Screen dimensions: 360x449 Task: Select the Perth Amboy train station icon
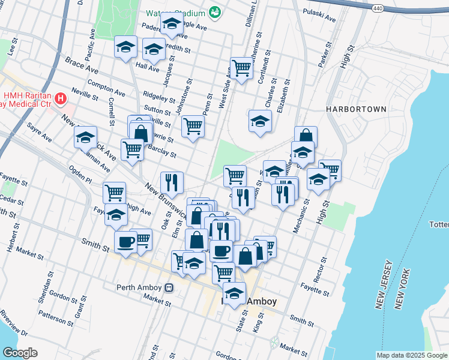pyautogui.click(x=170, y=287)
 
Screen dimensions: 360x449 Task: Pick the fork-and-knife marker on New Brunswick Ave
pyautogui.click(x=172, y=182)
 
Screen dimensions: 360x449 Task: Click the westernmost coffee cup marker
pyautogui.click(x=125, y=242)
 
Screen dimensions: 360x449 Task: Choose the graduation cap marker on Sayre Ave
pyautogui.click(x=85, y=137)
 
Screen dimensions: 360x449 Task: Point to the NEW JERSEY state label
pyautogui.click(x=384, y=285)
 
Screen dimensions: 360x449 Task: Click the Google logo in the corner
pyautogui.click(x=20, y=352)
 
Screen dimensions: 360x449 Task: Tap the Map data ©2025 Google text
pyautogui.click(x=412, y=355)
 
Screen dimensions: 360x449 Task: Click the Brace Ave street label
pyautogui.click(x=77, y=62)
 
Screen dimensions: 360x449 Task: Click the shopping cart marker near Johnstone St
pyautogui.click(x=193, y=126)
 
